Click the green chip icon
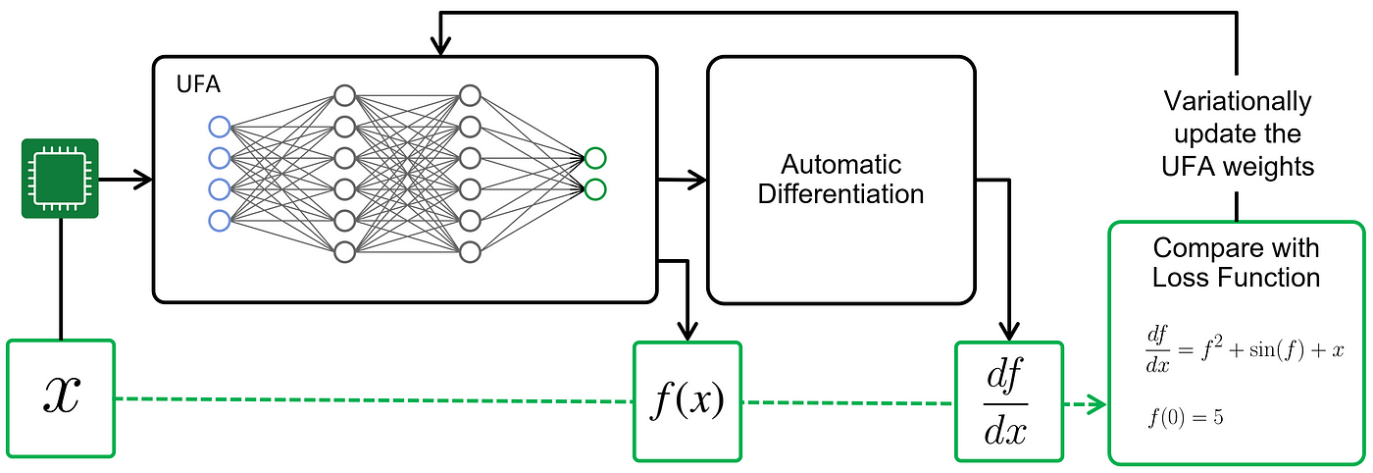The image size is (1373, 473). pos(60,179)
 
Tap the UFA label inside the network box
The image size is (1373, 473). pos(198,84)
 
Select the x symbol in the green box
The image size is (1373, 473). pos(61,394)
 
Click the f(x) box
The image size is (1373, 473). pos(687,401)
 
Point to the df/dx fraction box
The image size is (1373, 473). pos(1009,401)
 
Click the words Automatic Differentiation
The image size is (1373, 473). pos(841,180)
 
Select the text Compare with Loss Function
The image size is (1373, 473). pos(1236,263)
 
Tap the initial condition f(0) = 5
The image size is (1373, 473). pos(1186,418)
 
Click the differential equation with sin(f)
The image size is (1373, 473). pos(1245,350)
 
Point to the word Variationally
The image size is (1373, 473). pos(1238,101)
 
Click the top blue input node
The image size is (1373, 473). pos(220,127)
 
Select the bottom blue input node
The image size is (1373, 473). pos(220,220)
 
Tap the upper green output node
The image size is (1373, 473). pos(595,158)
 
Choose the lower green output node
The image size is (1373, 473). pos(595,189)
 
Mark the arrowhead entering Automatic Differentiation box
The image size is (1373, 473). pos(698,180)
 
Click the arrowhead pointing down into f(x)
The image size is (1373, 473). pos(687,332)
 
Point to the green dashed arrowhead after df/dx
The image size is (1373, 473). pos(1098,404)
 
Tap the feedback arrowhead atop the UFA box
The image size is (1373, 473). pos(440,47)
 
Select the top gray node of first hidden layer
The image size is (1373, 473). pos(344,96)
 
